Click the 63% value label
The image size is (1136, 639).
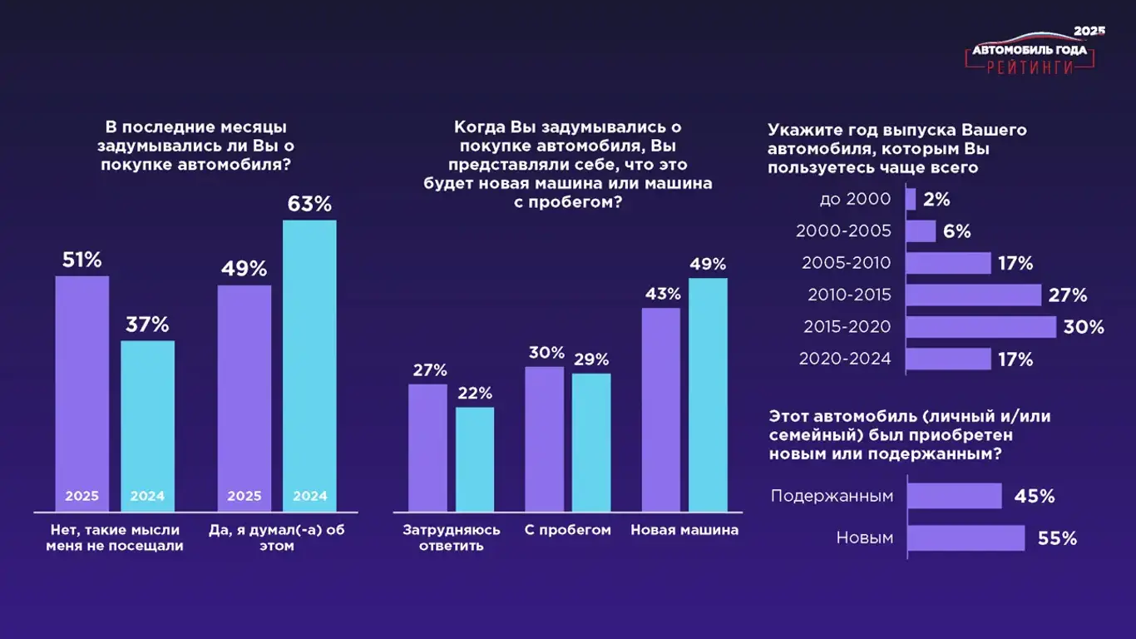click(x=309, y=204)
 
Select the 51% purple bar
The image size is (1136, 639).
click(x=82, y=391)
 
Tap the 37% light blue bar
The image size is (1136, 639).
click(x=148, y=424)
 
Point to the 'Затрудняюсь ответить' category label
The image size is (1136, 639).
click(x=452, y=537)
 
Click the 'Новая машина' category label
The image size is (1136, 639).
click(x=684, y=530)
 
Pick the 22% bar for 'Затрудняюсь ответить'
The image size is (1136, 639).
click(x=475, y=458)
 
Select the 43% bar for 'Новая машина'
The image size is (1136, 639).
click(x=661, y=409)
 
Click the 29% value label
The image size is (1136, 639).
click(x=590, y=359)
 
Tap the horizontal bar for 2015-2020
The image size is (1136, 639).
click(x=980, y=327)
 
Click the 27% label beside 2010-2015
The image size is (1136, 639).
click(x=1068, y=295)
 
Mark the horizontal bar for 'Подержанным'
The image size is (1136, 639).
click(x=955, y=496)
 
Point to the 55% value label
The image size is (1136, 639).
click(x=1057, y=538)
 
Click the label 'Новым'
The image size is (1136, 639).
click(x=865, y=538)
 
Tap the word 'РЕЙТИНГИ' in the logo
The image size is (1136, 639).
click(x=1030, y=68)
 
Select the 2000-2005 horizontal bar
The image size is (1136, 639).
click(x=921, y=231)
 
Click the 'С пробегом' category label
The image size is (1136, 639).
click(x=568, y=530)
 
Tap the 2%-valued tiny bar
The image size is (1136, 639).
click(x=911, y=200)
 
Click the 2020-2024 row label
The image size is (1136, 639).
click(x=845, y=359)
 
